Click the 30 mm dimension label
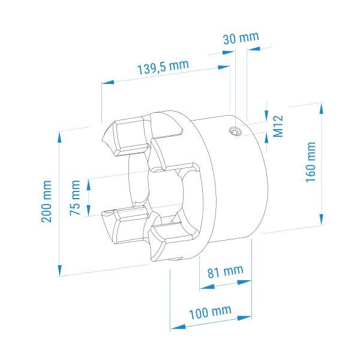click(241, 38)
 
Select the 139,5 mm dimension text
click(163, 67)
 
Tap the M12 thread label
click(278, 126)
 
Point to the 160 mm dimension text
click(311, 162)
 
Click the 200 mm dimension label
click(47, 202)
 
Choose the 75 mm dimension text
click(75, 198)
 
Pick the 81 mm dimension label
click(226, 272)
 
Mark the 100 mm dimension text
click(210, 313)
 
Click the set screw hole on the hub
click(236, 131)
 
